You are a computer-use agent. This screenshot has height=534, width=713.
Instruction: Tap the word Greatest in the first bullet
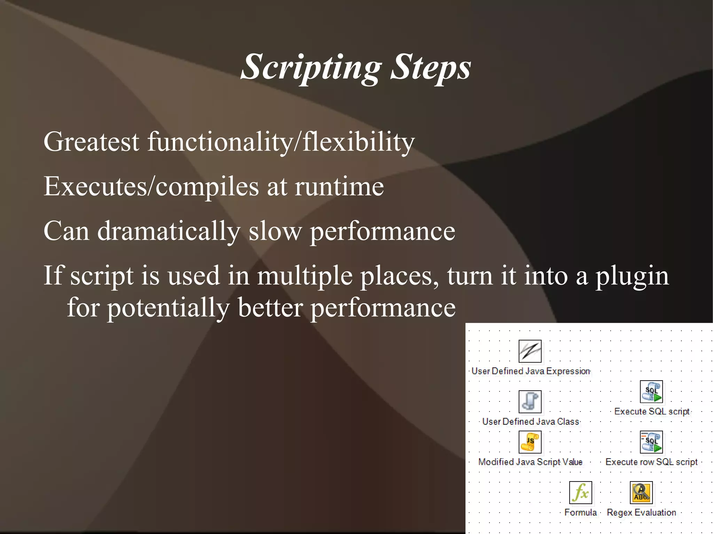click(91, 142)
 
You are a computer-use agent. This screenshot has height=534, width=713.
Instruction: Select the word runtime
click(339, 187)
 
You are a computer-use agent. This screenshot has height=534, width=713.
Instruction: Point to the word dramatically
click(169, 231)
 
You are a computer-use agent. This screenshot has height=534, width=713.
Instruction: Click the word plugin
click(632, 276)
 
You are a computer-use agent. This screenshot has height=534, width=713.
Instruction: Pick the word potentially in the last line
click(168, 308)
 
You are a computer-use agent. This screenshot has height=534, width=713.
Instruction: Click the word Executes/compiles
click(151, 187)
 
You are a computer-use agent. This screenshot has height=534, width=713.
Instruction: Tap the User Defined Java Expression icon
click(530, 351)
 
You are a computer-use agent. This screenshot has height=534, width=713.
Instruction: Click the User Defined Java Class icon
click(530, 401)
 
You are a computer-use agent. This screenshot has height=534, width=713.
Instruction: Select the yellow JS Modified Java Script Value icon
click(530, 442)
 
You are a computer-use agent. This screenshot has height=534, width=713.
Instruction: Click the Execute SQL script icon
click(651, 392)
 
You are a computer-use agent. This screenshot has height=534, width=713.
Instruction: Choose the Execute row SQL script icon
click(651, 442)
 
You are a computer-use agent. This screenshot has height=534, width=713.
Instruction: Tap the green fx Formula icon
click(580, 493)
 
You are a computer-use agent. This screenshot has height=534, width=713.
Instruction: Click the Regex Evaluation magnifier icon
click(641, 493)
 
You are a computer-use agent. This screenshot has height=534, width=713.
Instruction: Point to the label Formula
click(580, 512)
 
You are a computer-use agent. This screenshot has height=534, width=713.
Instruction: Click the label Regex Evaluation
click(641, 512)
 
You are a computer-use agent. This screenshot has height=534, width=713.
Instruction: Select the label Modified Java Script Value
click(530, 462)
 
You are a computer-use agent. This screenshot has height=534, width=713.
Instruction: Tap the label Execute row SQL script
click(651, 462)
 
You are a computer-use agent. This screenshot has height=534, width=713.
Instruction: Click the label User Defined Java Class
click(531, 422)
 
